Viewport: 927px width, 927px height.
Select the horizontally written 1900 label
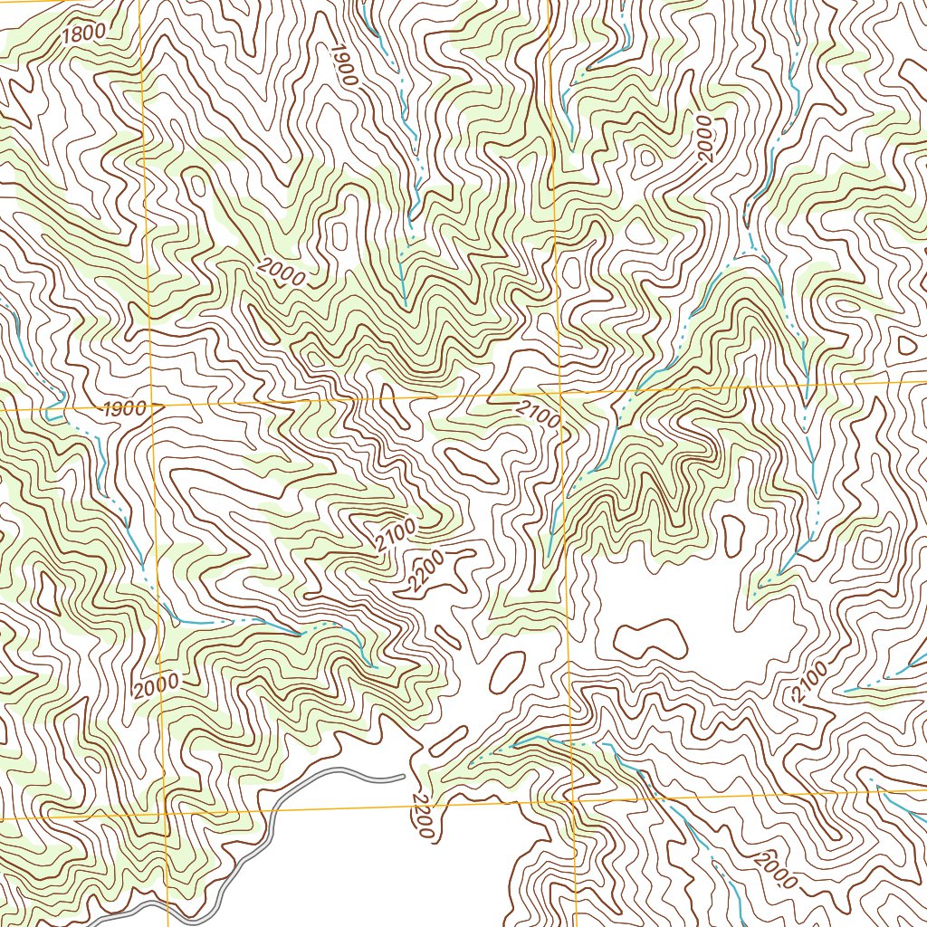[x=124, y=409]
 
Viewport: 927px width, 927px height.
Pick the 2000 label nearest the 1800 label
[x=282, y=272]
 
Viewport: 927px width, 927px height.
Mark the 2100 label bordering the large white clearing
[x=809, y=682]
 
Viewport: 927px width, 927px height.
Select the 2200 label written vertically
[x=423, y=815]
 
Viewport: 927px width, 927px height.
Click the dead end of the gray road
[x=403, y=775]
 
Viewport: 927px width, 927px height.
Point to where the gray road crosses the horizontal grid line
[x=268, y=812]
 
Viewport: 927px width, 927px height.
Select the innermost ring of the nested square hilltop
[x=873, y=549]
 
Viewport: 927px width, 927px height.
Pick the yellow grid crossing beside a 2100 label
[x=560, y=395]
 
